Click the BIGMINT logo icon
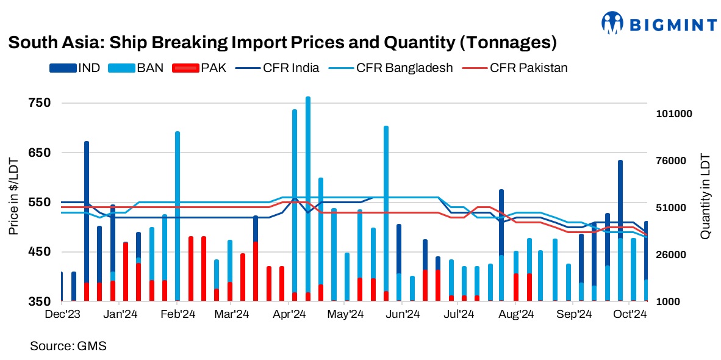click(614, 23)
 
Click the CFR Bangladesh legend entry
click(391, 68)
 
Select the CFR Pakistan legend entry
click(515, 68)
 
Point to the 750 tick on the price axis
click(38, 103)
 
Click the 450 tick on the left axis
click(38, 252)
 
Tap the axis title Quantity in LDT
click(705, 195)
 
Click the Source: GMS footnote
click(68, 346)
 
